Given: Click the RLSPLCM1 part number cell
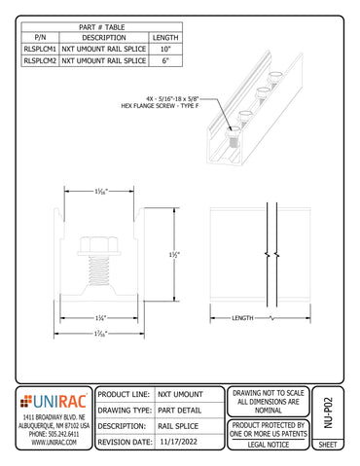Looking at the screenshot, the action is coord(40,47).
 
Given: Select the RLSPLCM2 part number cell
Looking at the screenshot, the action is coord(40,59).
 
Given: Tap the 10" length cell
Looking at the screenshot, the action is coord(165,47).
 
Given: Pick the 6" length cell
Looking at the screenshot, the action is coord(165,59).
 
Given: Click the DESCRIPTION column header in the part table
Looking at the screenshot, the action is coord(104,36).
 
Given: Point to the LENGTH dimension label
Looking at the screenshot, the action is coord(243,319).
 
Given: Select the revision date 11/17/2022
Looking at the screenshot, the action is coord(182,441).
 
